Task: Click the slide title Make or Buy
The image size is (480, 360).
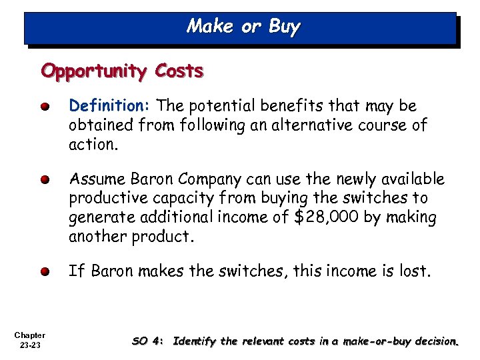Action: (x=243, y=27)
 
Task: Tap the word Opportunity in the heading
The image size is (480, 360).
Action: (x=93, y=71)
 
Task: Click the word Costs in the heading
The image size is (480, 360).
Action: (x=179, y=71)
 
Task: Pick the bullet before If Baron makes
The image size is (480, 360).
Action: (x=44, y=272)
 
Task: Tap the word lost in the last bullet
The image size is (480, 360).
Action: (x=417, y=271)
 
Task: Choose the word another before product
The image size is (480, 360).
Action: (x=97, y=236)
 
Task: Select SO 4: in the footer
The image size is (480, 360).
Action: (x=147, y=342)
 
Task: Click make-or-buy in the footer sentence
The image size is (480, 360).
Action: (x=373, y=342)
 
